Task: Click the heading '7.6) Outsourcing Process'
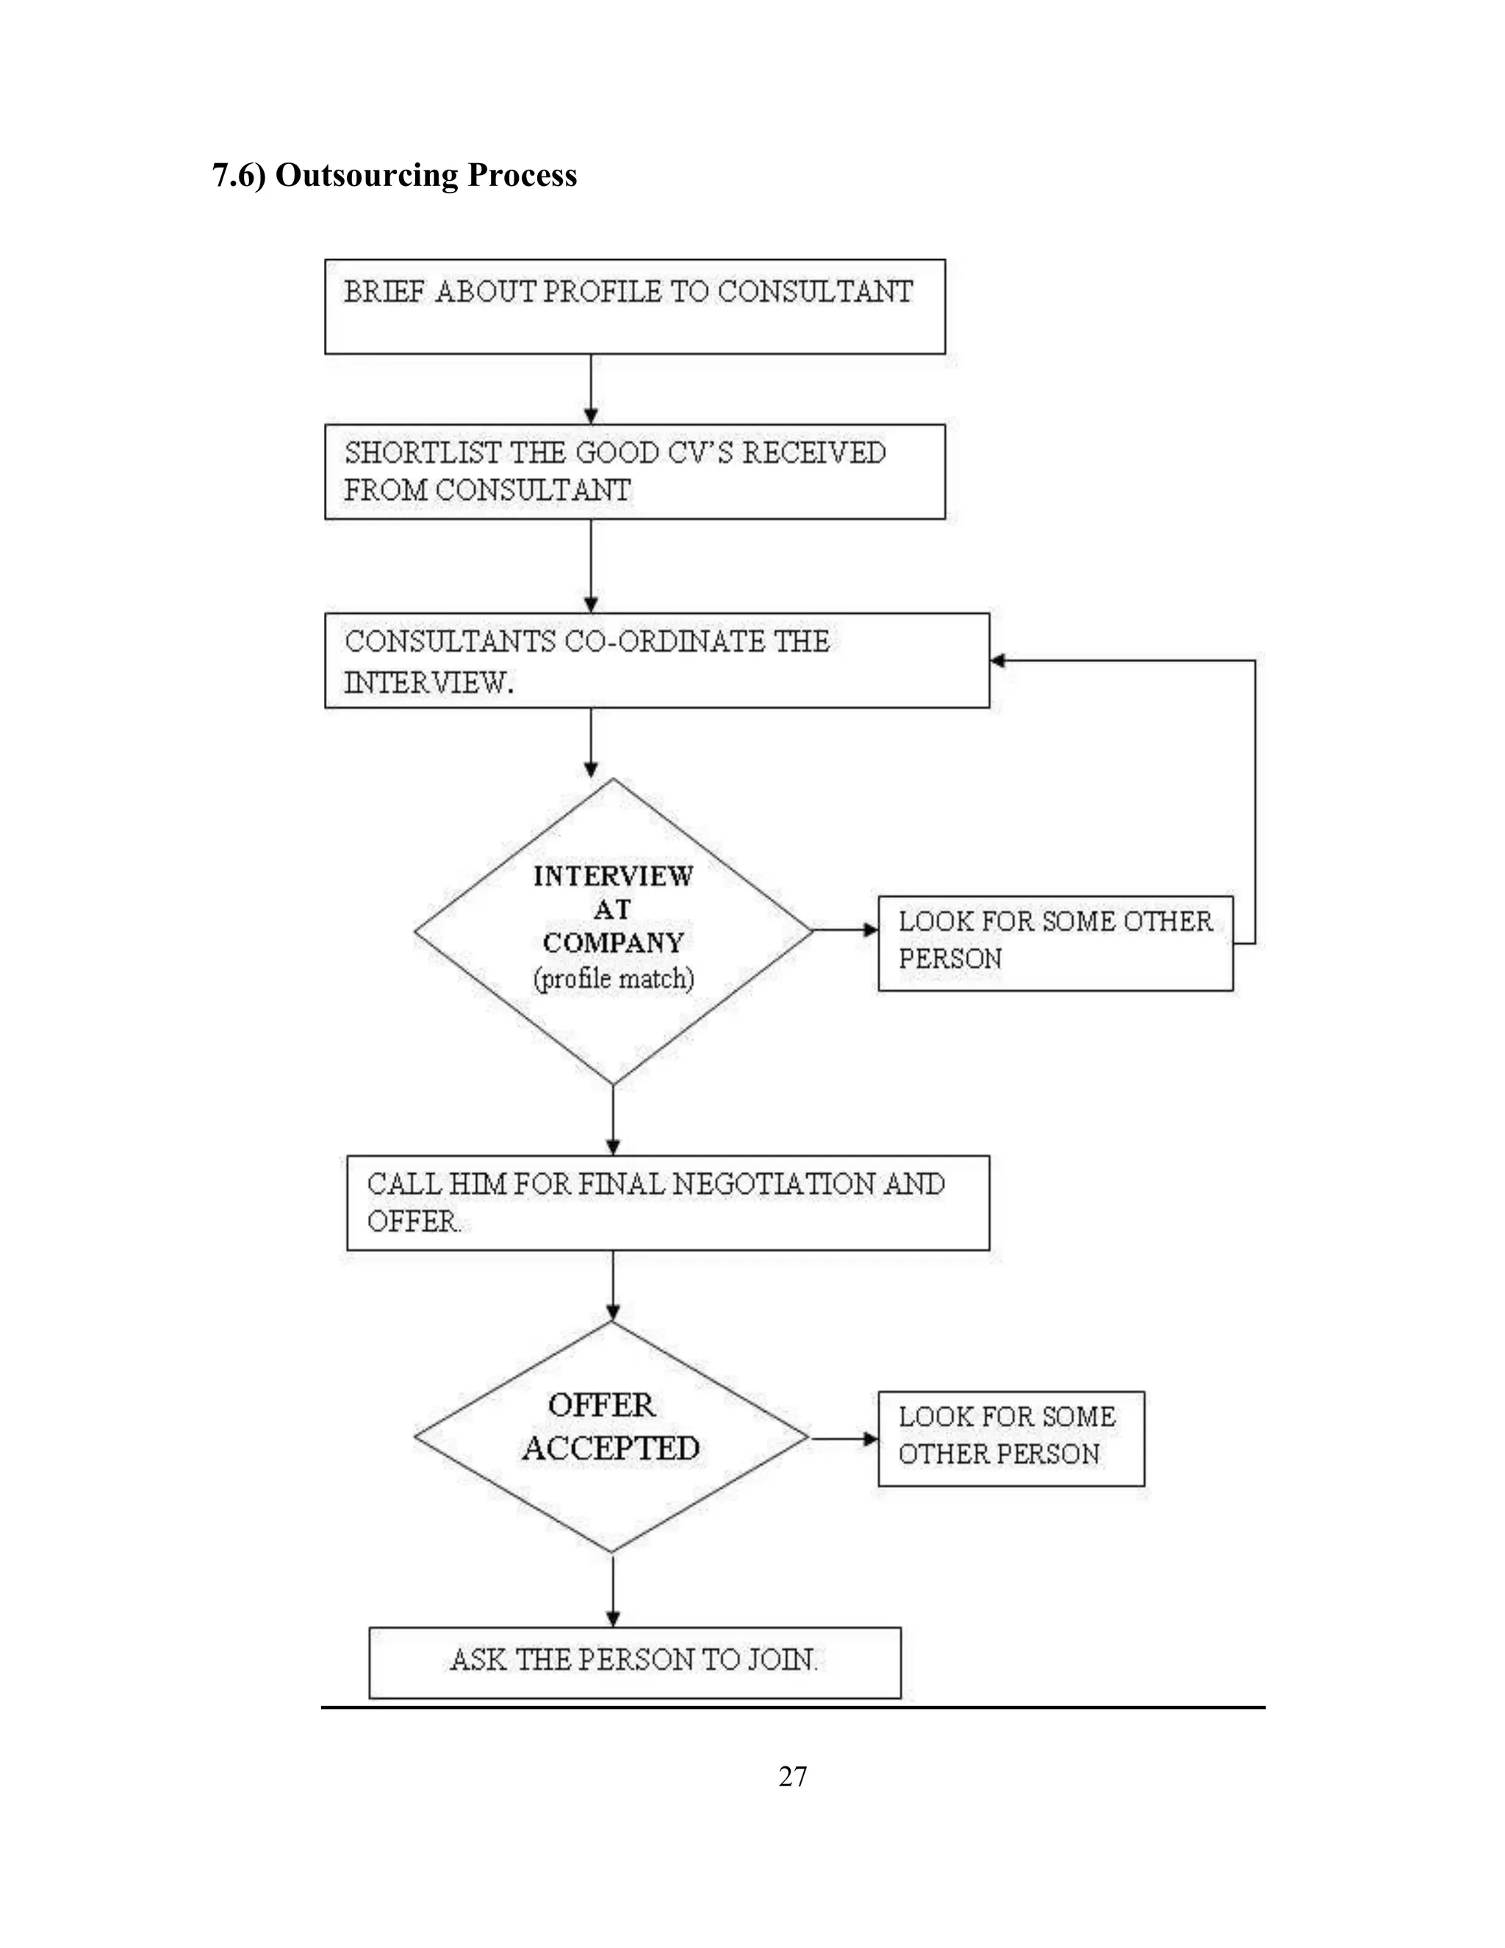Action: [x=394, y=175]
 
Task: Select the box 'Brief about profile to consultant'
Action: [x=634, y=306]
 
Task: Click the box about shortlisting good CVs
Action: [x=634, y=471]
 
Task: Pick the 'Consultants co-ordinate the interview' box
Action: [x=656, y=660]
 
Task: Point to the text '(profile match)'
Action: [x=614, y=978]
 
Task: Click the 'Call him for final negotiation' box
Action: [x=667, y=1203]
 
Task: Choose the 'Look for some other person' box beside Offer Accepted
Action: [x=1010, y=1438]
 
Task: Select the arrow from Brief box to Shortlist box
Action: [x=590, y=389]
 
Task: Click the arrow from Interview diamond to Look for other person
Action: [x=844, y=931]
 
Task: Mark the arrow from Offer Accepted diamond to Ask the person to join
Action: [x=613, y=1589]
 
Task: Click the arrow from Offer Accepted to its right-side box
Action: [x=844, y=1439]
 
